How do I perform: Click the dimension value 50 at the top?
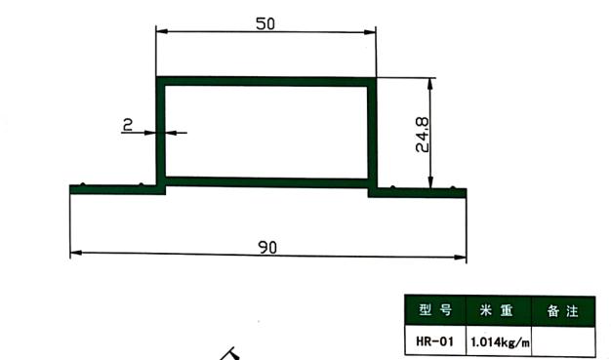click(265, 23)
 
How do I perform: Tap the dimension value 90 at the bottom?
click(267, 248)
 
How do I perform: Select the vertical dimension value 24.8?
click(422, 135)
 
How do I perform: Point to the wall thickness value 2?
click(128, 125)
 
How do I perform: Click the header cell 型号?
click(435, 310)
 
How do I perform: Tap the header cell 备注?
click(563, 311)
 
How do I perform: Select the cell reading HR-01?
click(435, 341)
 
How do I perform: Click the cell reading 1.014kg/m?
click(500, 342)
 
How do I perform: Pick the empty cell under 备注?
click(563, 341)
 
